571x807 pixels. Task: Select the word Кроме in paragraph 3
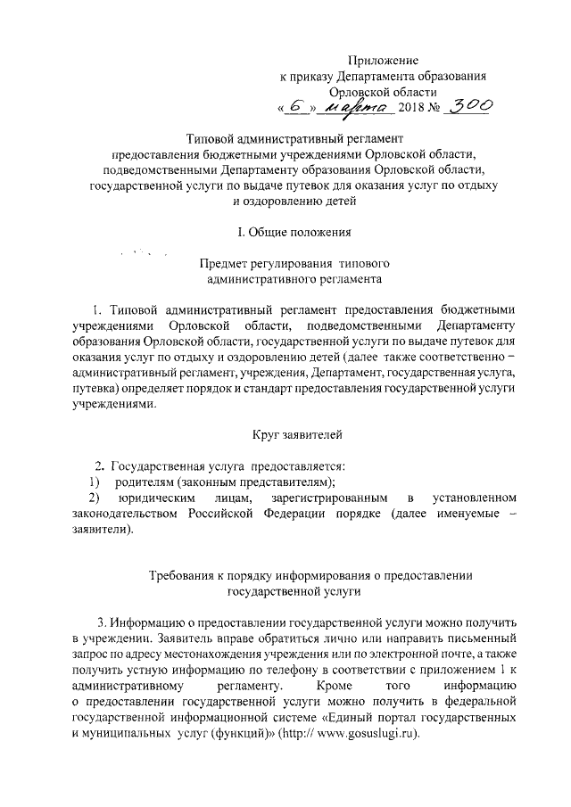pos(335,686)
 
